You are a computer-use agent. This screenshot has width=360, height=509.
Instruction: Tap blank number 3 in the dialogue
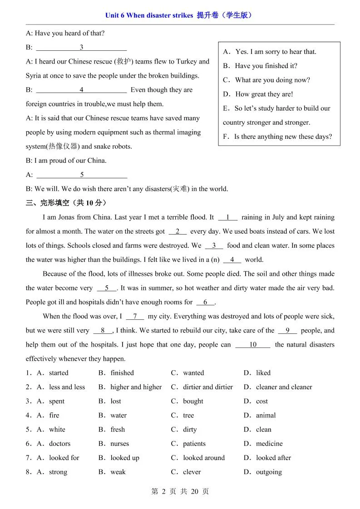tap(81, 47)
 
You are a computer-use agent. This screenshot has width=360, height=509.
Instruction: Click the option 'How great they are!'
tap(264, 94)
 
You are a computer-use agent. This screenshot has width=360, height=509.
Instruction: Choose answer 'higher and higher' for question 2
tap(136, 387)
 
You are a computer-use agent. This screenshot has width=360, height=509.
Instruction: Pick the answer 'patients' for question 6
tap(194, 444)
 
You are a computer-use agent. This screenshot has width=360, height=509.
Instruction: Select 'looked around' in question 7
tap(203, 458)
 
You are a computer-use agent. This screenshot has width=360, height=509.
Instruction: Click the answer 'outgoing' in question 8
tap(269, 472)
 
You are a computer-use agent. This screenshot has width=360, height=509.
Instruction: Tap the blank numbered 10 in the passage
tap(253, 345)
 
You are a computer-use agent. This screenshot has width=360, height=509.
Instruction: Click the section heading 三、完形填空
tap(67, 203)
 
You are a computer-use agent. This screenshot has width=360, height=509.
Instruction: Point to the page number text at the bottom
tap(180, 491)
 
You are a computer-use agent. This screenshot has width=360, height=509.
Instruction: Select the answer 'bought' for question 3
tap(193, 401)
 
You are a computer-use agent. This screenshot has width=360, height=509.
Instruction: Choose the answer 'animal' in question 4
tap(266, 415)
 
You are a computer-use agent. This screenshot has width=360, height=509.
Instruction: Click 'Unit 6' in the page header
tap(115, 15)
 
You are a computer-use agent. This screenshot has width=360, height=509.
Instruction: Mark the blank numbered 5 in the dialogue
tap(82, 175)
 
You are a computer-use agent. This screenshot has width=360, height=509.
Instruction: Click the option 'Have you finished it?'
tap(266, 66)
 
